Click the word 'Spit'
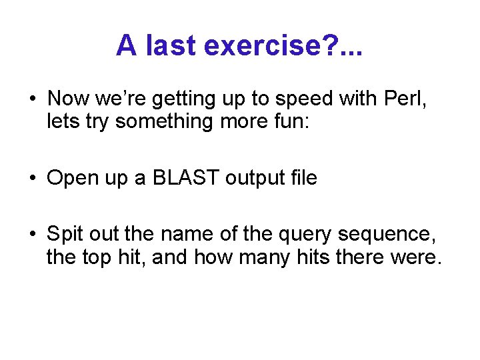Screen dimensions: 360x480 (65, 234)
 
